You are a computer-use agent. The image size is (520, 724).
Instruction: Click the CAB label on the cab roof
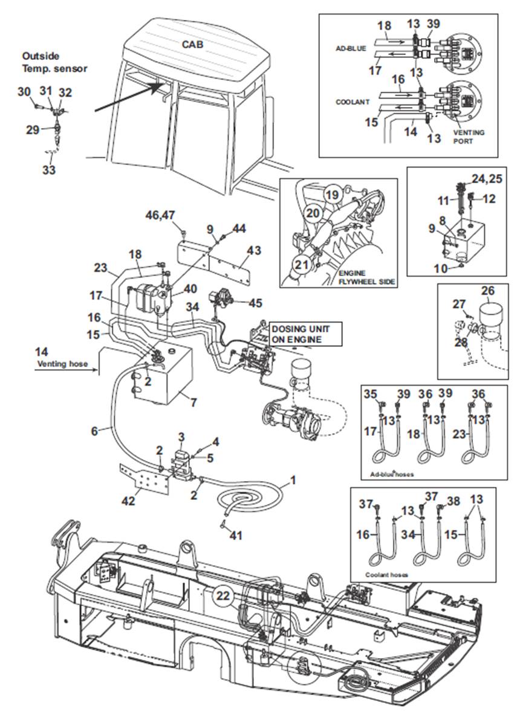click(x=192, y=44)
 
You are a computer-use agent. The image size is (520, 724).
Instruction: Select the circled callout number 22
click(x=223, y=596)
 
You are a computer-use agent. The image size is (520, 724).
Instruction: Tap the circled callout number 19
click(x=332, y=195)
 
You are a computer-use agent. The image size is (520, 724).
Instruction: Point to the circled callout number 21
click(x=302, y=265)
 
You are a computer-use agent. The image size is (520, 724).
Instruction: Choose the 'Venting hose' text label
click(x=62, y=364)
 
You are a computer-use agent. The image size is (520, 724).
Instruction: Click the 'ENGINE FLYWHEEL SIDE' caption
click(x=367, y=277)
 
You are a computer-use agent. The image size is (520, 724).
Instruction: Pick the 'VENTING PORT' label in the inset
click(x=469, y=136)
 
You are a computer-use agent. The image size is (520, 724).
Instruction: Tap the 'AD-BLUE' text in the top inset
click(x=351, y=48)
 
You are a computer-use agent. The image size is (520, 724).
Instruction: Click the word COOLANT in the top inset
click(x=353, y=102)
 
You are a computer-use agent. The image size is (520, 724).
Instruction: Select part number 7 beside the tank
click(x=194, y=402)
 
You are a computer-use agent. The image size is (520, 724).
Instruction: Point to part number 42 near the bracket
click(x=128, y=500)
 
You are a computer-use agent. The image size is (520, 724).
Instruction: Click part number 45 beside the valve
click(x=255, y=303)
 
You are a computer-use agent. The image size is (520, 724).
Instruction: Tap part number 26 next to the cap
click(x=488, y=291)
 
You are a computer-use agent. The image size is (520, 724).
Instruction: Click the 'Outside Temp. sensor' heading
click(x=54, y=62)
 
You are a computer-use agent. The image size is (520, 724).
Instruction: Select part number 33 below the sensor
click(x=48, y=169)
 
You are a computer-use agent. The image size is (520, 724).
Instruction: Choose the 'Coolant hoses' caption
click(x=386, y=575)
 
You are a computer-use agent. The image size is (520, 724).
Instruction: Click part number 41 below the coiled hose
click(x=236, y=535)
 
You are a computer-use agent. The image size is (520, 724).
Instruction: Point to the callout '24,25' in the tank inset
click(x=487, y=178)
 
